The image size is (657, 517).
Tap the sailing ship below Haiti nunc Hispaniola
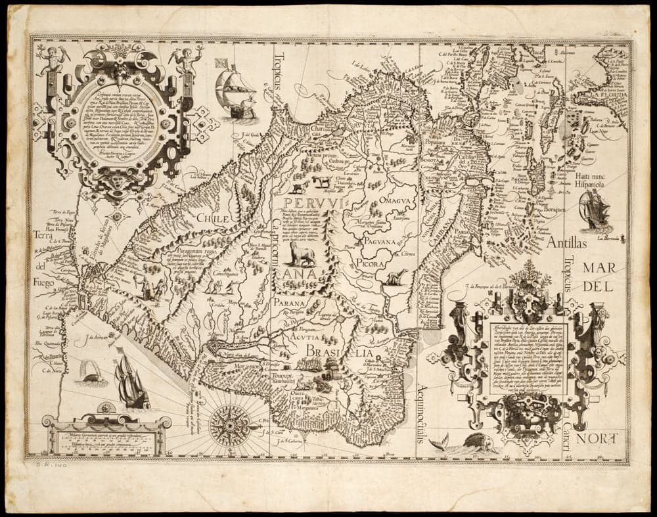point(595,210)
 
